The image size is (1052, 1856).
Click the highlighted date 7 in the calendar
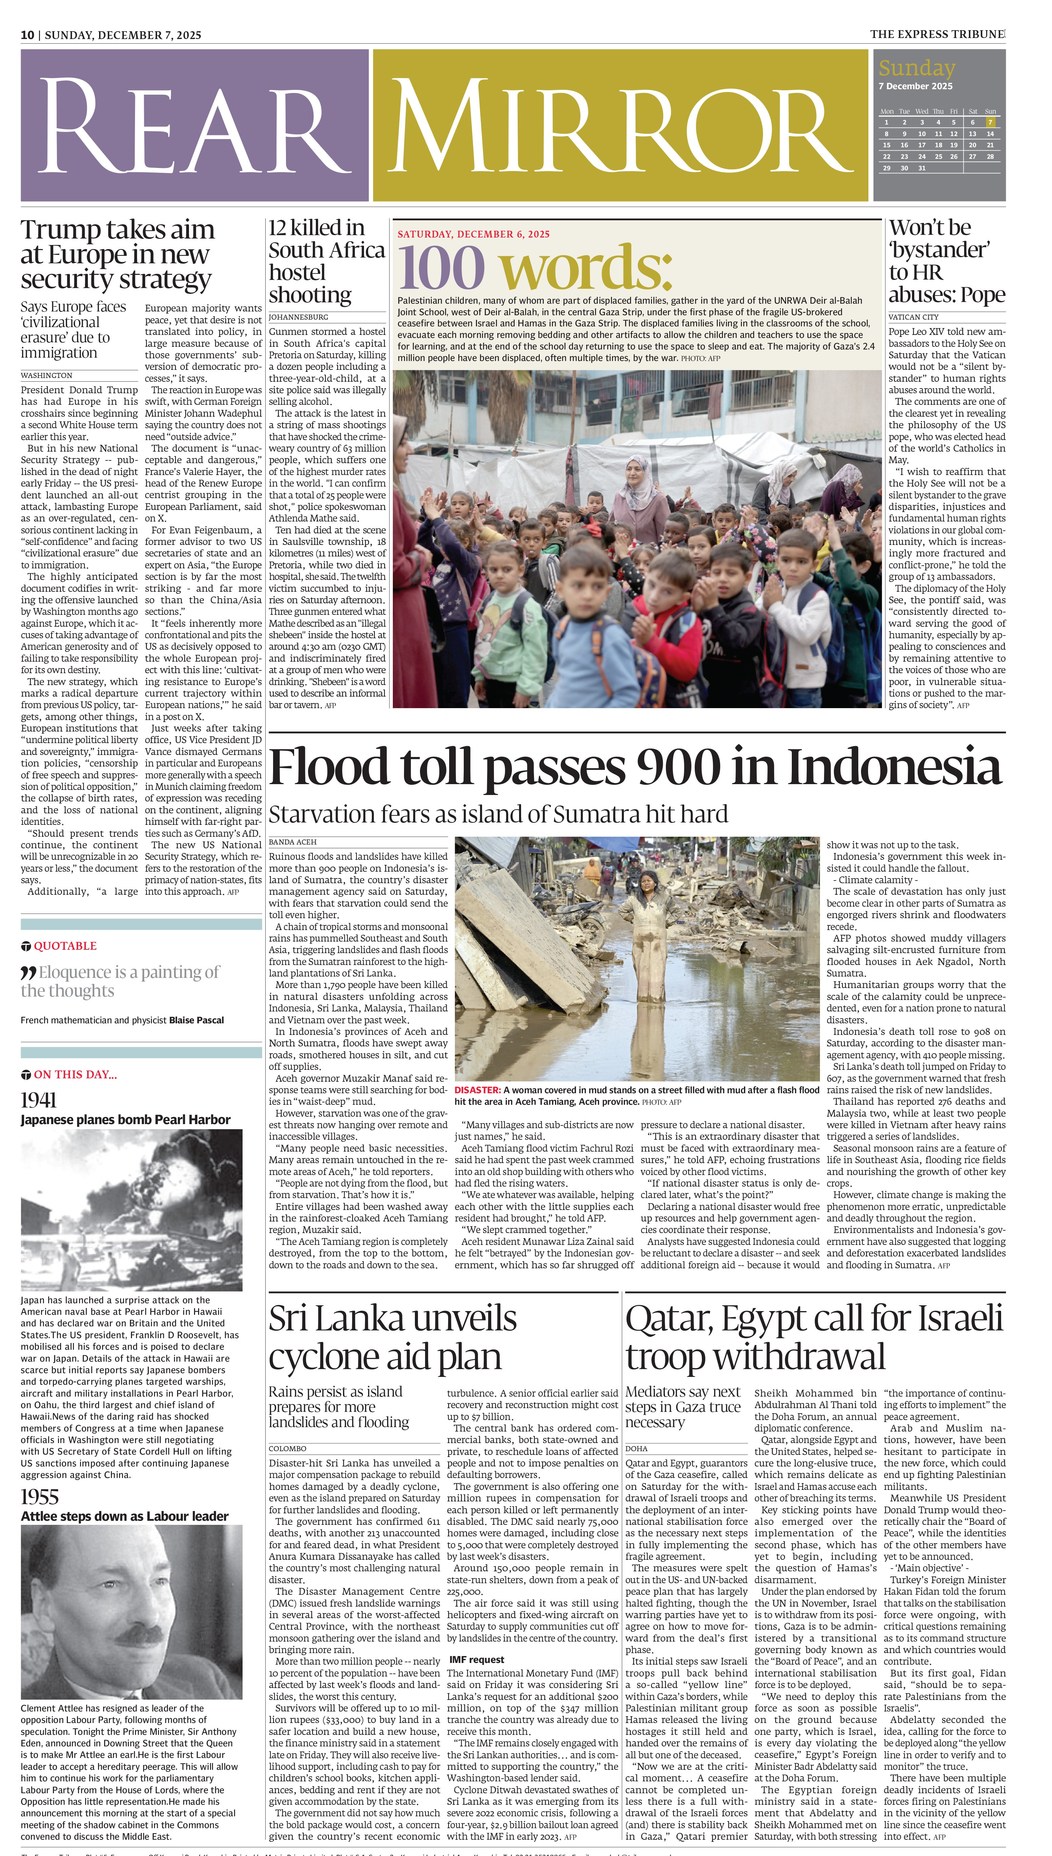991,122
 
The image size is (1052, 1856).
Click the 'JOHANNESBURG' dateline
299,317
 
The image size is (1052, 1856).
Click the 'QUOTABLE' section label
64,946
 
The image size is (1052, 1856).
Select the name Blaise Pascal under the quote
196,1020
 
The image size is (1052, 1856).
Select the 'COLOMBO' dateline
288,1448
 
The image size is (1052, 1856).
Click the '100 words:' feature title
535,267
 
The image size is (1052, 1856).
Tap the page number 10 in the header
27,35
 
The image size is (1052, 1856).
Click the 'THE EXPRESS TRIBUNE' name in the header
936,34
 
